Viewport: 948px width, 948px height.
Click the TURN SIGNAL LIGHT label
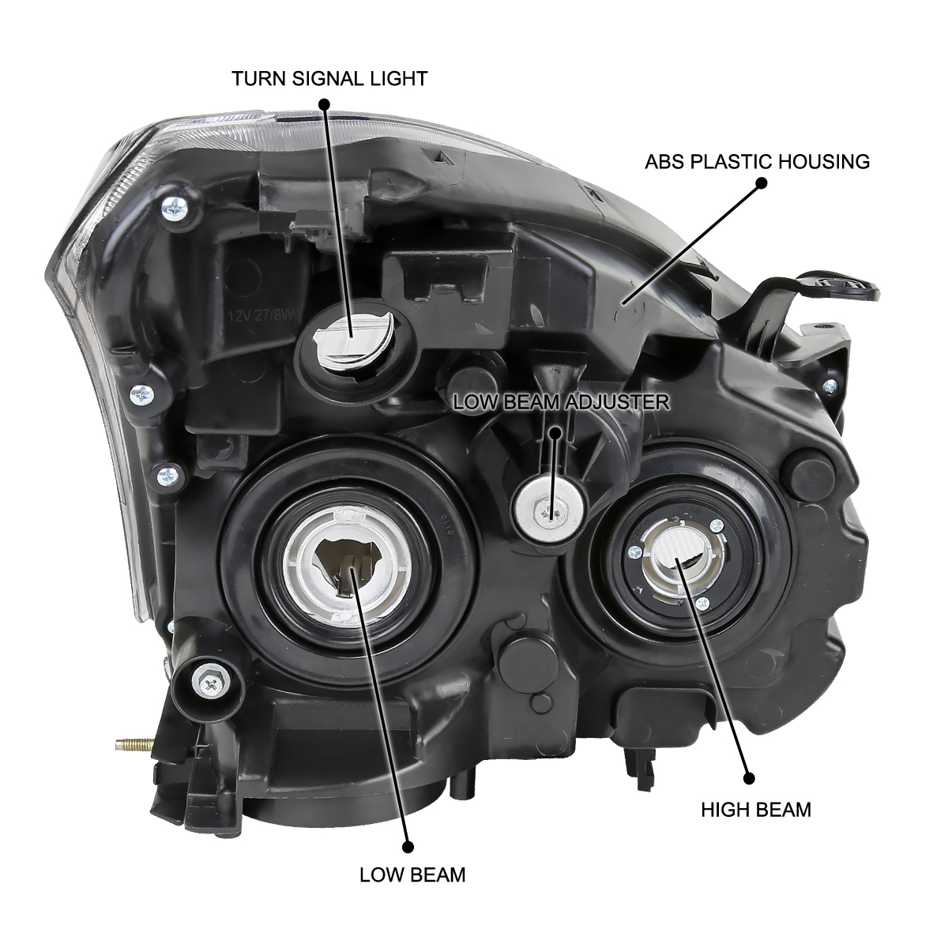click(x=329, y=79)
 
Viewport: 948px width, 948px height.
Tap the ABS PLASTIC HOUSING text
click(x=757, y=161)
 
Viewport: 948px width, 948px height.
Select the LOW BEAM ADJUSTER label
click(x=561, y=402)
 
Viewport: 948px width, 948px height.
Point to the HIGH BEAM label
click(x=756, y=810)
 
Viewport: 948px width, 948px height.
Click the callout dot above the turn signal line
click(x=324, y=103)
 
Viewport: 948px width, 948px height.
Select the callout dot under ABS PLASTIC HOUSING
click(x=761, y=183)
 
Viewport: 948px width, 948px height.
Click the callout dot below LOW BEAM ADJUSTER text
click(x=555, y=434)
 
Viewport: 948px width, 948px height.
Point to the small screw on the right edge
click(x=830, y=386)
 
